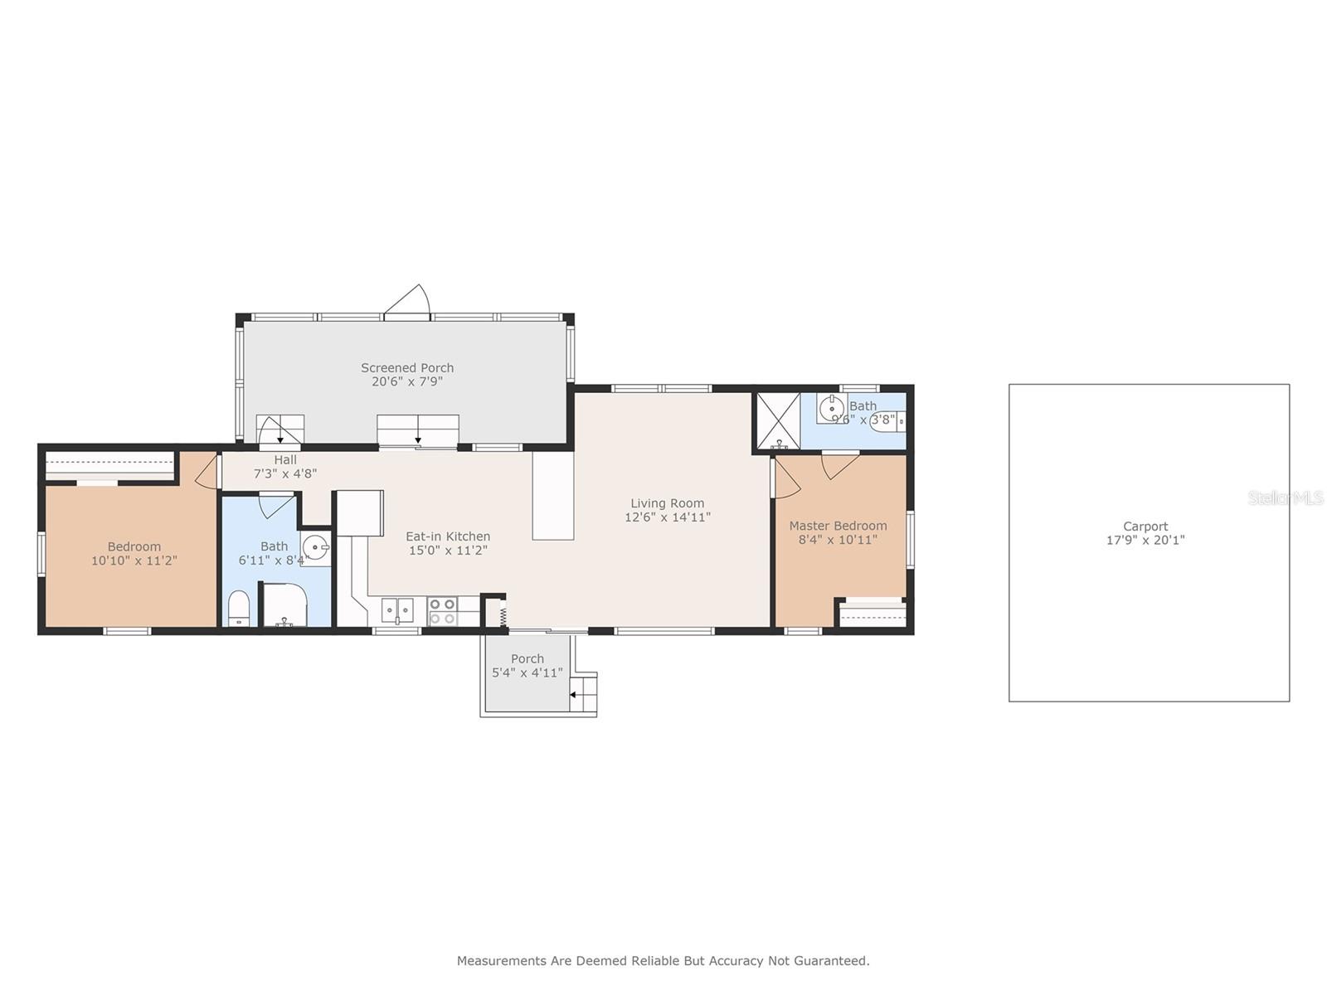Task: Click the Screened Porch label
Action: (x=407, y=367)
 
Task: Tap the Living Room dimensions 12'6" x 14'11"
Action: (x=668, y=517)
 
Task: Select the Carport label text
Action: (x=1145, y=527)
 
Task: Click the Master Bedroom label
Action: (x=838, y=526)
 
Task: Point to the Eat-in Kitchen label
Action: (x=447, y=536)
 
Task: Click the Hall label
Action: (x=285, y=459)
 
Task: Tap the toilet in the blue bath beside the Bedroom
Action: (x=239, y=608)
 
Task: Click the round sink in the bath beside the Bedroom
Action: (x=316, y=548)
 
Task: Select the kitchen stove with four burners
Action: (x=442, y=611)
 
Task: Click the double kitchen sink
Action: (x=397, y=611)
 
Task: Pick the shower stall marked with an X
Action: (x=778, y=420)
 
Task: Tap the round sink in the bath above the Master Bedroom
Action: (x=831, y=409)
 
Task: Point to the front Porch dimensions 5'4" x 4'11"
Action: (x=527, y=672)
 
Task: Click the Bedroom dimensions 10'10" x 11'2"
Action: (x=134, y=560)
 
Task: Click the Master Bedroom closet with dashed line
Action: (x=872, y=614)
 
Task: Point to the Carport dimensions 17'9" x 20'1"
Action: (x=1145, y=540)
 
